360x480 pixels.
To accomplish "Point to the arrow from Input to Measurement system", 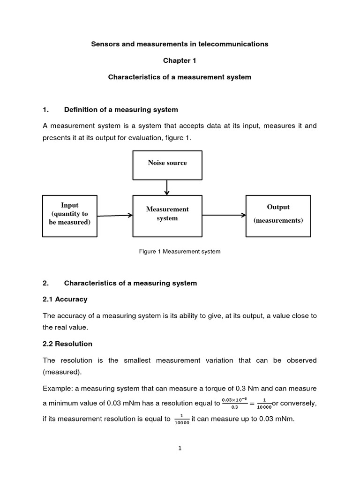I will click(x=115, y=216).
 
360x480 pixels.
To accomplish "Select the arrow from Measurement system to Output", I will click(x=224, y=215).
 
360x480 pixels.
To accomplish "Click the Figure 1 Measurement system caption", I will click(x=180, y=252).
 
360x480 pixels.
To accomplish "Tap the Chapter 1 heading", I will click(x=180, y=60).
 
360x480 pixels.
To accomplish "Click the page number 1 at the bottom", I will click(x=180, y=448).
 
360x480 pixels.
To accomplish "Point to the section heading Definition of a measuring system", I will click(x=121, y=110).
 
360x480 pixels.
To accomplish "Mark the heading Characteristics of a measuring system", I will click(x=130, y=283).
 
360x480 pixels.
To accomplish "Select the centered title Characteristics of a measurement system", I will click(x=180, y=77).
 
